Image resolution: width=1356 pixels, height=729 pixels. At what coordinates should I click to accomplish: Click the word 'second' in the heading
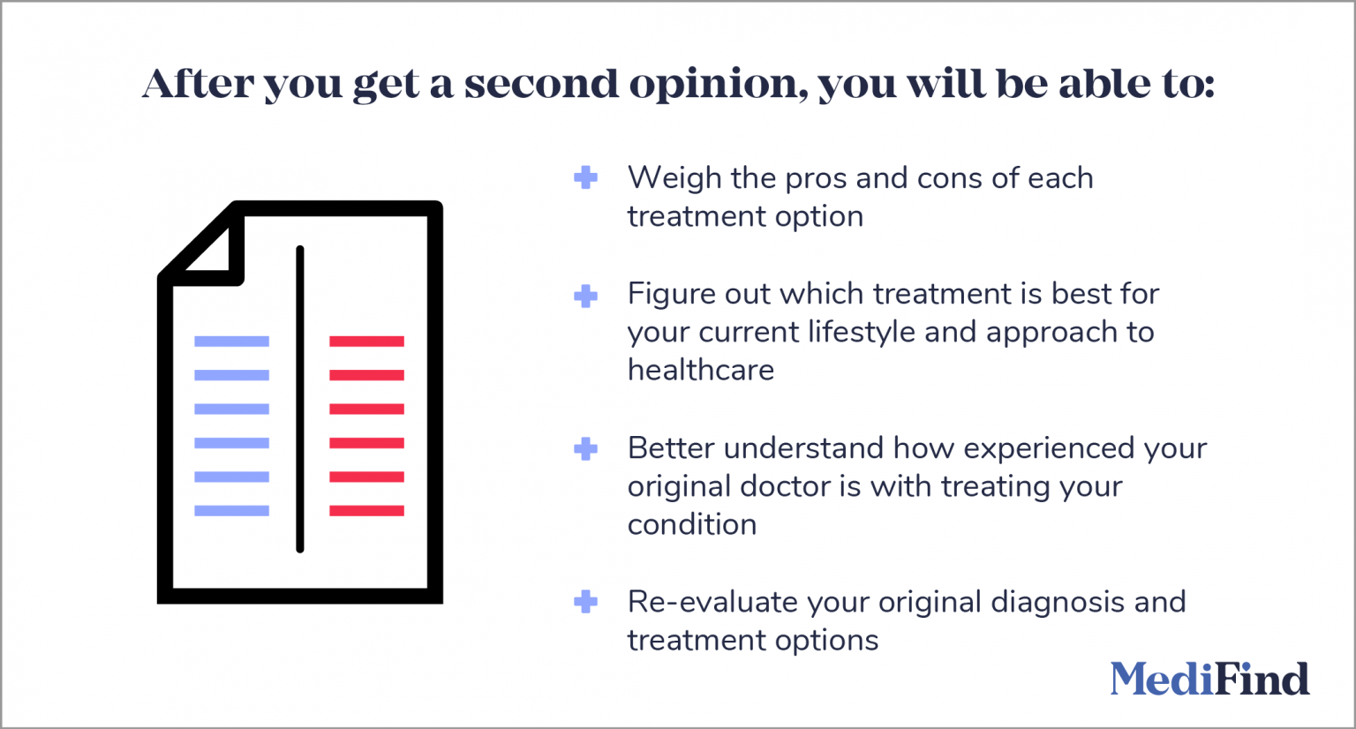pos(541,84)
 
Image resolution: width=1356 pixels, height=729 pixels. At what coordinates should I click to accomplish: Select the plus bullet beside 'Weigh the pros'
pos(585,177)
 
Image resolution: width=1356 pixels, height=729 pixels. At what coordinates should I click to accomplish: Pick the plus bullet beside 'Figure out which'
pos(585,296)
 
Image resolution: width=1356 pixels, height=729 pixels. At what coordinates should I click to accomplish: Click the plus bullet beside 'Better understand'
pos(585,449)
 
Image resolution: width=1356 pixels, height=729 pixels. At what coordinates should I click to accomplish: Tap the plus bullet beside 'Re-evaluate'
pos(585,603)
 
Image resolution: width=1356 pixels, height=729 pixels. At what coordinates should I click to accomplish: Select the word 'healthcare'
pos(700,370)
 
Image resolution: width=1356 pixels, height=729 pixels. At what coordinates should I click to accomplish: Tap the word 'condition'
pos(691,524)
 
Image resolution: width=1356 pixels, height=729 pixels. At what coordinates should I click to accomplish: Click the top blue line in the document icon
pos(231,342)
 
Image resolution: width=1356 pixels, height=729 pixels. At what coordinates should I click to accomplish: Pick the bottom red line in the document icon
pos(366,511)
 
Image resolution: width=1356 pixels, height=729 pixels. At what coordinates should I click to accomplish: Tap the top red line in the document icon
pos(366,342)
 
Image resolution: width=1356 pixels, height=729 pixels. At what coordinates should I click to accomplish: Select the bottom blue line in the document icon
pos(231,511)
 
